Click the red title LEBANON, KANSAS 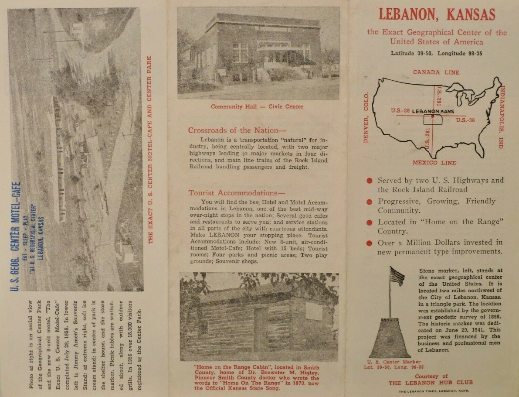coord(437,15)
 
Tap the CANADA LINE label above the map coord(436,72)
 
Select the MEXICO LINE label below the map coord(434,163)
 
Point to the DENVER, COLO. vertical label coord(365,118)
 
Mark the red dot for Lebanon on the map coord(432,116)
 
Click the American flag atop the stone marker coord(397,276)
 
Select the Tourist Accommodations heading coord(233,193)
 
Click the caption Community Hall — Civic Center coord(257,107)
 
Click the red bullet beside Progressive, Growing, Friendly coord(370,202)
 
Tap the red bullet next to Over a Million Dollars coord(370,243)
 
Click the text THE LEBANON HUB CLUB coord(431,383)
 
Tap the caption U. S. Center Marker coord(394,362)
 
